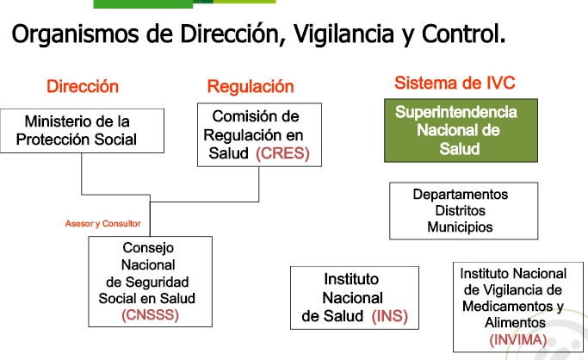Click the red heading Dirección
(83, 87)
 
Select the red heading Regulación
(251, 87)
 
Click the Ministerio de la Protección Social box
(81, 131)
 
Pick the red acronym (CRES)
(282, 154)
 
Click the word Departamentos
(461, 195)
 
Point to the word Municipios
(461, 227)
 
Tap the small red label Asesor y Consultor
(102, 224)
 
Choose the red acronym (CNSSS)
(151, 314)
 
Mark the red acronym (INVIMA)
(517, 339)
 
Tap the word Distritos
(461, 211)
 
